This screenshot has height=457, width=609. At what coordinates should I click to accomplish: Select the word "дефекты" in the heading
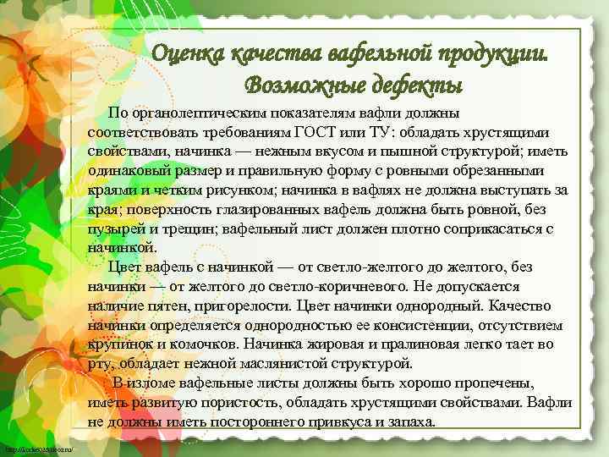[x=415, y=85]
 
